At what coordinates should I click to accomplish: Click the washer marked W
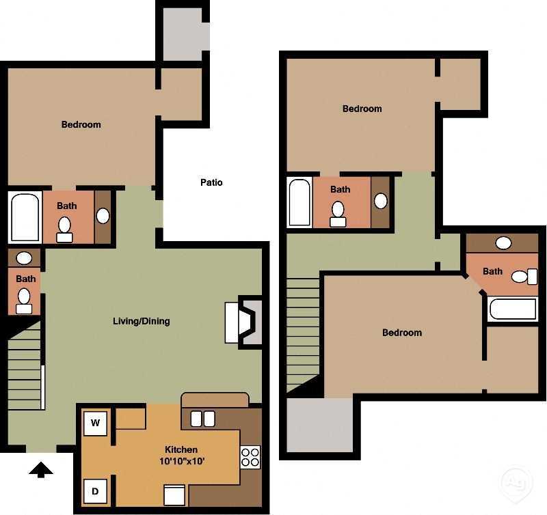pyautogui.click(x=96, y=423)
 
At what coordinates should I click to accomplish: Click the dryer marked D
pyautogui.click(x=96, y=491)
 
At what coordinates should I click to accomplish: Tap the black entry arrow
pyautogui.click(x=42, y=469)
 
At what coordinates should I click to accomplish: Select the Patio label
pyautogui.click(x=211, y=182)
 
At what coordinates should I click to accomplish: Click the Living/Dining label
pyautogui.click(x=142, y=321)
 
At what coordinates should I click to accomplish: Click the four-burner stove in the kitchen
pyautogui.click(x=250, y=457)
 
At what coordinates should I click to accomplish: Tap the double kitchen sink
pyautogui.click(x=202, y=419)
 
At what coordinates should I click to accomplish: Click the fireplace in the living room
pyautogui.click(x=243, y=322)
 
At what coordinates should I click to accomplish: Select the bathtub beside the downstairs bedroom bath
pyautogui.click(x=25, y=217)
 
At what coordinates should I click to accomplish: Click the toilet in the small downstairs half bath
pyautogui.click(x=25, y=300)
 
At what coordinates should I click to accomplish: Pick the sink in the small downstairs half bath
pyautogui.click(x=24, y=258)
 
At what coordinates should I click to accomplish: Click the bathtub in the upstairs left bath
pyautogui.click(x=299, y=202)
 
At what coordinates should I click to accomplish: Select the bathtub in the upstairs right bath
pyautogui.click(x=513, y=309)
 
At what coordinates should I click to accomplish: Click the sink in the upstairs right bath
pyautogui.click(x=504, y=242)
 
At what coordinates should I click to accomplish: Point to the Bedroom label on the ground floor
pyautogui.click(x=81, y=124)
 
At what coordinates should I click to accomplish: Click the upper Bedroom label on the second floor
pyautogui.click(x=362, y=109)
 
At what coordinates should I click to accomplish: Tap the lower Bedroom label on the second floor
pyautogui.click(x=401, y=333)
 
